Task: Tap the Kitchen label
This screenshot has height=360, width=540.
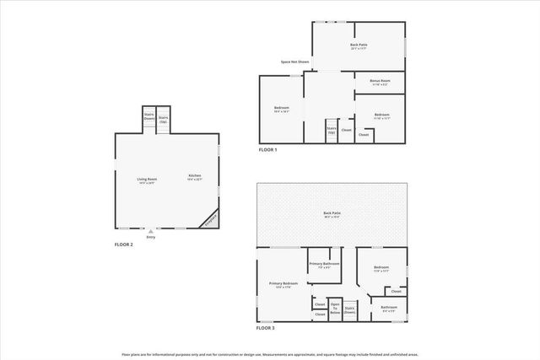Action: coord(195,178)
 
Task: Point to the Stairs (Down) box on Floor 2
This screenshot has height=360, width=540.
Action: coord(148,118)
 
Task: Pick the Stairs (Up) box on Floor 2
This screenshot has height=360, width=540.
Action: coord(164,119)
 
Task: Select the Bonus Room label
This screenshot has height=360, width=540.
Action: coord(379,82)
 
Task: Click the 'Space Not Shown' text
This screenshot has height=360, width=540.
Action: coord(294,62)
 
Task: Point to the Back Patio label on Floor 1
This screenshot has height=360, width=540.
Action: coord(359,46)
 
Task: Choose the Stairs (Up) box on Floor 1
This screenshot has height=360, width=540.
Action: coord(332,131)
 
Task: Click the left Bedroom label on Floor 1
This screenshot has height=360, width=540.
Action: coord(282,109)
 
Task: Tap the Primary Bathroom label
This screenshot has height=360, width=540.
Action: coord(324,266)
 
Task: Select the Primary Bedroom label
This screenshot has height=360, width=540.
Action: coord(283,285)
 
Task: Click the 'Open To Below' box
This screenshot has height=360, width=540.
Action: coord(335,308)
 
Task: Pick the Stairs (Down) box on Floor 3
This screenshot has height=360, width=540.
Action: coord(349,309)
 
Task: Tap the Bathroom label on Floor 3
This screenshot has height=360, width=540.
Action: coord(388,309)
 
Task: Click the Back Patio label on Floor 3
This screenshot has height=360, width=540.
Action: coord(332,215)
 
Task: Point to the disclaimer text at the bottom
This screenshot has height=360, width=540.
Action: coord(270,354)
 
